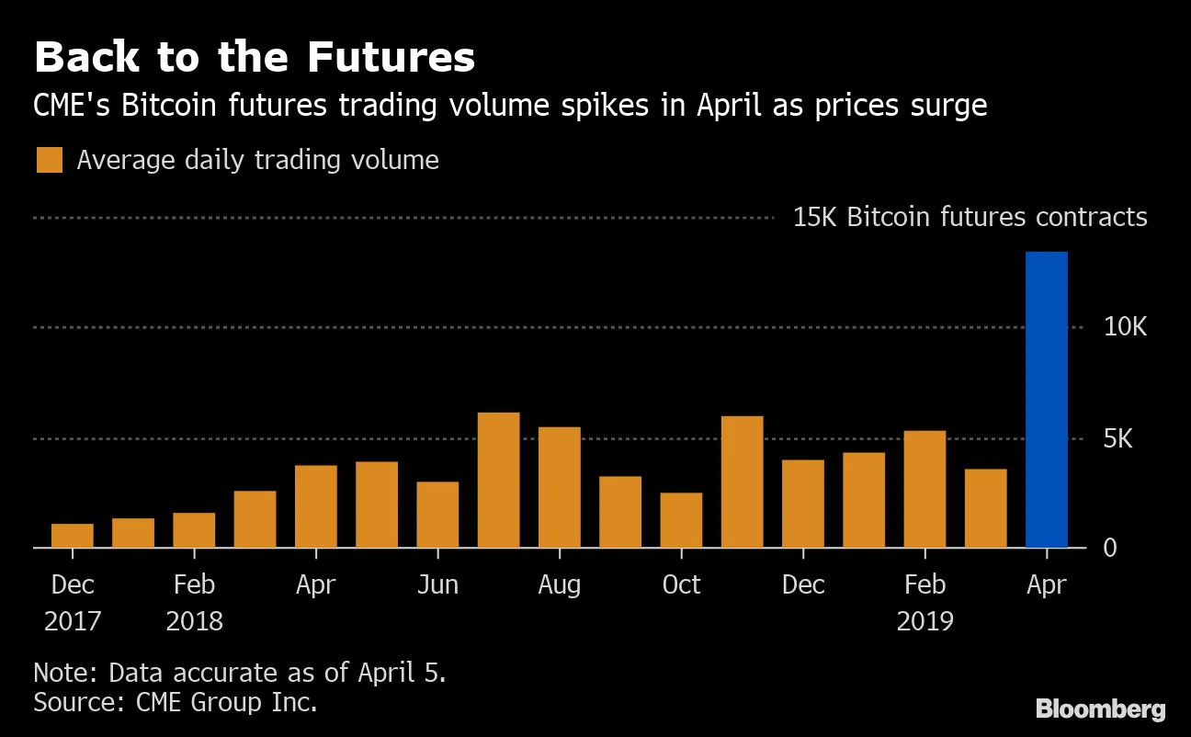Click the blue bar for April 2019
point(1046,400)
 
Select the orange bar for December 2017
point(73,536)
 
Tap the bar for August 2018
point(560,487)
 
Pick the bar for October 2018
point(681,520)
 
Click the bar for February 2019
point(924,489)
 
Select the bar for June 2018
point(437,515)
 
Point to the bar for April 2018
point(316,506)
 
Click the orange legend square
point(50,160)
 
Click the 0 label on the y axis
point(1109,548)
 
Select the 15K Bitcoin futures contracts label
point(970,218)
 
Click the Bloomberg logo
point(1100,709)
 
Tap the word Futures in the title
point(391,58)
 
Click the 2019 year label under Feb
point(924,621)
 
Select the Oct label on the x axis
point(681,585)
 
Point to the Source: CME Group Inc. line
point(176,703)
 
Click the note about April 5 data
point(240,672)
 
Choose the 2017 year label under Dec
point(73,621)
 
